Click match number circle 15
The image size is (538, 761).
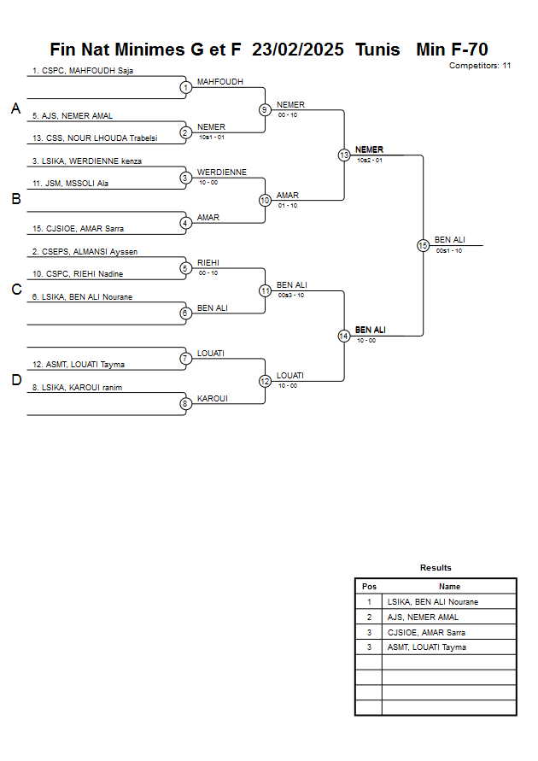click(x=423, y=245)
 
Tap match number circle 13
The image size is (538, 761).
click(x=344, y=155)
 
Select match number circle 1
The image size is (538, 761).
click(x=185, y=87)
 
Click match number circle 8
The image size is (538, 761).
click(x=185, y=404)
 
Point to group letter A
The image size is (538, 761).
click(x=15, y=109)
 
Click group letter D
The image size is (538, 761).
click(x=15, y=381)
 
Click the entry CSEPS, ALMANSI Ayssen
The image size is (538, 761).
click(x=85, y=252)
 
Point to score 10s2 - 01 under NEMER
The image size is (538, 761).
click(x=370, y=161)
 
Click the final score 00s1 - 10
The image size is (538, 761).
click(x=448, y=251)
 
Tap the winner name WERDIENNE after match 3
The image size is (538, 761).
click(x=221, y=173)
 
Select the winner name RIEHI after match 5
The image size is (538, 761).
click(x=208, y=263)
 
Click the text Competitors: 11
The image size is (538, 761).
click(x=480, y=66)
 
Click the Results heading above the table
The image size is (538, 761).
click(x=436, y=568)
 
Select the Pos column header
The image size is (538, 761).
click(x=369, y=587)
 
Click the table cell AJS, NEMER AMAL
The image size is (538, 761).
click(x=423, y=618)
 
